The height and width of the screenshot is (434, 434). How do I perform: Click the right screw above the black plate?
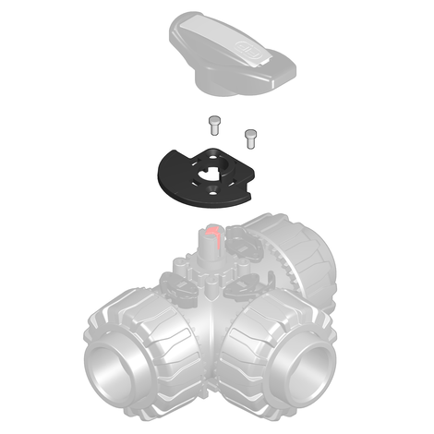pos(249,137)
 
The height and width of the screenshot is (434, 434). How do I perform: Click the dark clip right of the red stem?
pos(242,245)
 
